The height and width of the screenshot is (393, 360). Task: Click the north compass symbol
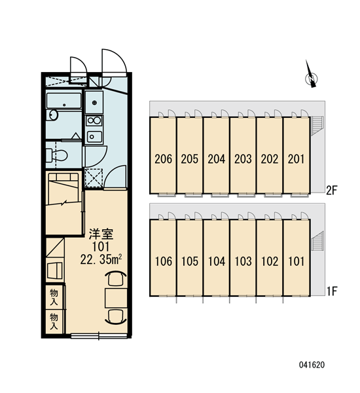pyautogui.click(x=311, y=75)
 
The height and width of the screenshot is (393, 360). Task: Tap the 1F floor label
pyautogui.click(x=332, y=291)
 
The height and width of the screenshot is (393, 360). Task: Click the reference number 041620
pyautogui.click(x=312, y=365)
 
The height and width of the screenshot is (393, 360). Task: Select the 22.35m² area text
pyautogui.click(x=101, y=259)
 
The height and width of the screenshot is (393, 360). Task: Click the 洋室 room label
pyautogui.click(x=101, y=234)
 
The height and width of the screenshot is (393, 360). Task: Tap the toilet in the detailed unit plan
pyautogui.click(x=57, y=156)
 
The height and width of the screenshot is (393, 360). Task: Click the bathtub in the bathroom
pyautogui.click(x=64, y=100)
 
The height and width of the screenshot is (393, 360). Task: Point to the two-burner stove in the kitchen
pyautogui.click(x=94, y=121)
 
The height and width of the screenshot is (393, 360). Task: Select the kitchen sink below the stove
pyautogui.click(x=94, y=137)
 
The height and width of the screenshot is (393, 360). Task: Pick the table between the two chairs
pyautogui.click(x=116, y=298)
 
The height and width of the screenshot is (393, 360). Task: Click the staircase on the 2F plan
pyautogui.click(x=317, y=125)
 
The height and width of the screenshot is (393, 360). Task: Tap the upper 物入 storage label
pyautogui.click(x=54, y=297)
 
